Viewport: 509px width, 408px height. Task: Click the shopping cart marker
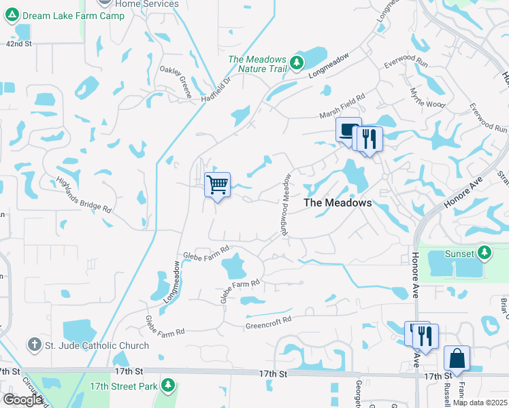pyautogui.click(x=217, y=184)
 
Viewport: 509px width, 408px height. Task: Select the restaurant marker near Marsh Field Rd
pyautogui.click(x=370, y=139)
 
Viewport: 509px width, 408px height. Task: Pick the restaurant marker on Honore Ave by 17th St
pyautogui.click(x=426, y=335)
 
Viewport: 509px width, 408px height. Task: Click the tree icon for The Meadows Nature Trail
pyautogui.click(x=297, y=63)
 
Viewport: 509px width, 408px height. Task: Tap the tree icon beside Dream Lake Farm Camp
pyautogui.click(x=12, y=16)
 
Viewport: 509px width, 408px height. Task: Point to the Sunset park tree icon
pyautogui.click(x=484, y=254)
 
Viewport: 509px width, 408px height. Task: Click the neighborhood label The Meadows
pyautogui.click(x=338, y=203)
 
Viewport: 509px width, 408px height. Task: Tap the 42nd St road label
pyautogui.click(x=19, y=43)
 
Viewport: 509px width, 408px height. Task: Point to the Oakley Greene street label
pyautogui.click(x=176, y=82)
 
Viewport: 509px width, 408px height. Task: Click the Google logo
pyautogui.click(x=22, y=399)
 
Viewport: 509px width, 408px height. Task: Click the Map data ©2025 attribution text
pyautogui.click(x=479, y=403)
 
